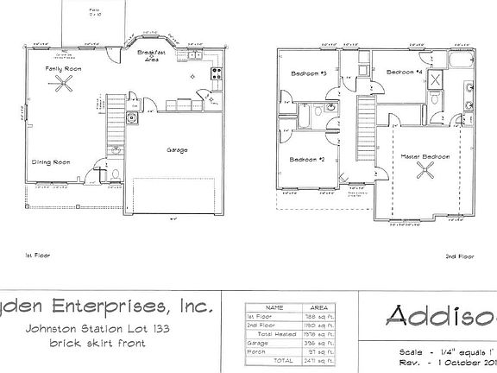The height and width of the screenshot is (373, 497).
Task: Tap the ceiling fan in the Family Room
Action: tap(63, 84)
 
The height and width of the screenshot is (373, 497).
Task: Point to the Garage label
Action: tap(177, 149)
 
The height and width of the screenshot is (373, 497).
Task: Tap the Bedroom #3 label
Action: tap(306, 73)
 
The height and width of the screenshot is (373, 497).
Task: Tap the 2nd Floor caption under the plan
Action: tap(458, 256)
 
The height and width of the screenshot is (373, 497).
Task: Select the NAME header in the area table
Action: tap(275, 307)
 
